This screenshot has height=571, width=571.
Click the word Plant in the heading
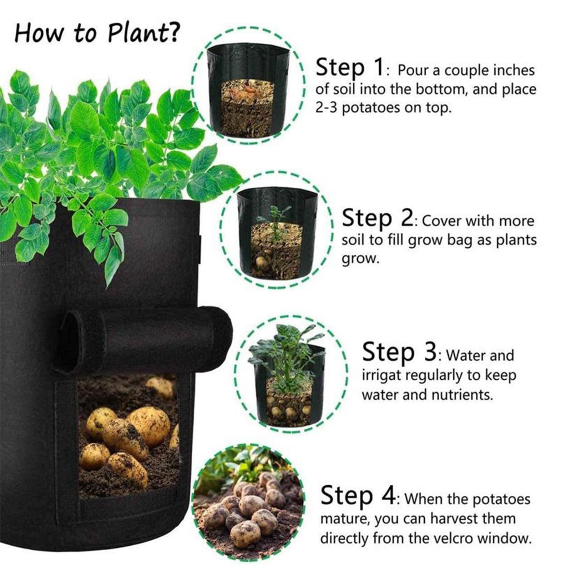pos(137,33)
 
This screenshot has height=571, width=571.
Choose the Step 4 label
pos(358,496)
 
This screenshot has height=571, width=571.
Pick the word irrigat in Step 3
pos(381,376)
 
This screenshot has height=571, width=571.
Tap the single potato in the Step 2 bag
pos(263,263)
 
